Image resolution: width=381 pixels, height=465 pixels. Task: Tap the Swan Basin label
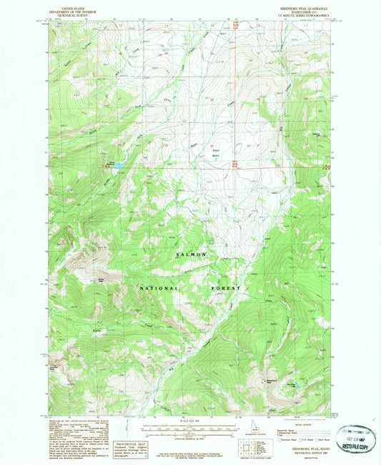(x=214, y=152)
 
